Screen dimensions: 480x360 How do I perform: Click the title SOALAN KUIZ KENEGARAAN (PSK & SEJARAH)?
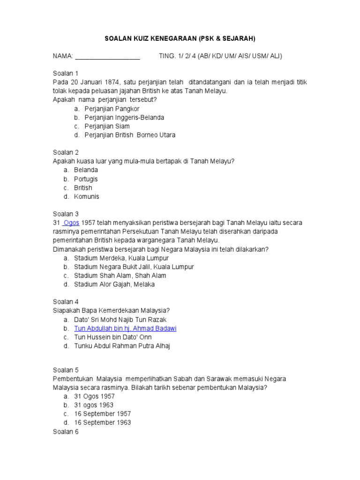(180, 38)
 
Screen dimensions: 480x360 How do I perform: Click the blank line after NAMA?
(107, 56)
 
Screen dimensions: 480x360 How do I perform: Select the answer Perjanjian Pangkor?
(112, 109)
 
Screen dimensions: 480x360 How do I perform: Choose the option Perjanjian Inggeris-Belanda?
(124, 118)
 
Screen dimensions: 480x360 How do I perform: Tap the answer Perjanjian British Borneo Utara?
(130, 135)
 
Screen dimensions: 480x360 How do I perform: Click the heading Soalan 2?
(66, 152)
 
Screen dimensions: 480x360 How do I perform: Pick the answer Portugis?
(86, 179)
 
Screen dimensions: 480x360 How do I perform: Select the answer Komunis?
(86, 196)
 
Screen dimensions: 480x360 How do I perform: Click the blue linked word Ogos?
(71, 223)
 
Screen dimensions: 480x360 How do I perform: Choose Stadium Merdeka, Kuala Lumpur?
(121, 258)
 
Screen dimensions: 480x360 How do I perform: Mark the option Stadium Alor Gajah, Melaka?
(114, 284)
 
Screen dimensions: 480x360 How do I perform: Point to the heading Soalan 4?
(66, 302)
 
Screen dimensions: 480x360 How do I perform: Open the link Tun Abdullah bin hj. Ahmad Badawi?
(125, 328)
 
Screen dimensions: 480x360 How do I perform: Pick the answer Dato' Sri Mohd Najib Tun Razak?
(120, 320)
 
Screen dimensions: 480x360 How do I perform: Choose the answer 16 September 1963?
(103, 422)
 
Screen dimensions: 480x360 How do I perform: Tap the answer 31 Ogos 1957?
(94, 396)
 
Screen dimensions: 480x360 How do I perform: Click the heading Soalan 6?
(66, 432)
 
